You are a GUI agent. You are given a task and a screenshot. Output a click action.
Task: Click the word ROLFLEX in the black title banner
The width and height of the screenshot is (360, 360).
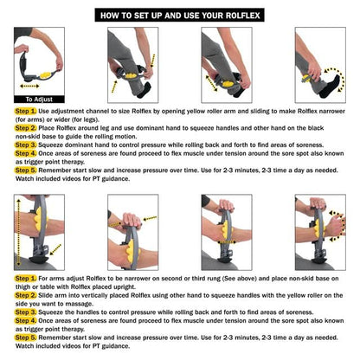(242, 16)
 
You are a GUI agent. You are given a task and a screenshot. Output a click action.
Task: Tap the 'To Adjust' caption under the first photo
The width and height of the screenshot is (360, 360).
(39, 100)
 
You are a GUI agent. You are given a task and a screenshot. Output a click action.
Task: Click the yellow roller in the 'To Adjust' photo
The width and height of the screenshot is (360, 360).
(45, 75)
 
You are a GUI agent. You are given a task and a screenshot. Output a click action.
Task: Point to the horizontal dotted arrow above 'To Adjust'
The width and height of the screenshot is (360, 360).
(29, 86)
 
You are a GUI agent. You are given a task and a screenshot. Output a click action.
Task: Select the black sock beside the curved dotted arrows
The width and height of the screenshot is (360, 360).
(330, 85)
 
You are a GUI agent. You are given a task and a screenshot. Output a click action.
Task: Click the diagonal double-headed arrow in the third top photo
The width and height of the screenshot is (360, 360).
(212, 83)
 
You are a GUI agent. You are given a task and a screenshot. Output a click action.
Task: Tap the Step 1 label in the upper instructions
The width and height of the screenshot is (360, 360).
(26, 111)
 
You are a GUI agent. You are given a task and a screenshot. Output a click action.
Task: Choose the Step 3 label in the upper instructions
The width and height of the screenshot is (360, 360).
(26, 145)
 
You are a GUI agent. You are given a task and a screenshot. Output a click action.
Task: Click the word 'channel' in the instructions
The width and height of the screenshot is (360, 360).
(100, 111)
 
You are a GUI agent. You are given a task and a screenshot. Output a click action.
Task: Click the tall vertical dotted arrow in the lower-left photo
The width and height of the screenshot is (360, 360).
(19, 232)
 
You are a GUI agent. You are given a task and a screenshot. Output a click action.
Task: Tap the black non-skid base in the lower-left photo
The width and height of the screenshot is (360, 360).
(39, 259)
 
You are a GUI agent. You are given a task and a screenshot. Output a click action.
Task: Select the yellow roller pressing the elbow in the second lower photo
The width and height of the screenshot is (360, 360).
(132, 249)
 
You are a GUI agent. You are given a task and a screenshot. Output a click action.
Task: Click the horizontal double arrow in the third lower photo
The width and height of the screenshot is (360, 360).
(227, 242)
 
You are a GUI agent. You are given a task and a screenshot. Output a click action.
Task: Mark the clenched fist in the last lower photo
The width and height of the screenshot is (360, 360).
(335, 226)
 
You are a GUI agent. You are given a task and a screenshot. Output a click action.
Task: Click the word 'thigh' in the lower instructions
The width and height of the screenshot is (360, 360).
(22, 286)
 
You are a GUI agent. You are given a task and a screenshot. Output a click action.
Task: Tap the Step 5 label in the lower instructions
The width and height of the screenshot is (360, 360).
(26, 337)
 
